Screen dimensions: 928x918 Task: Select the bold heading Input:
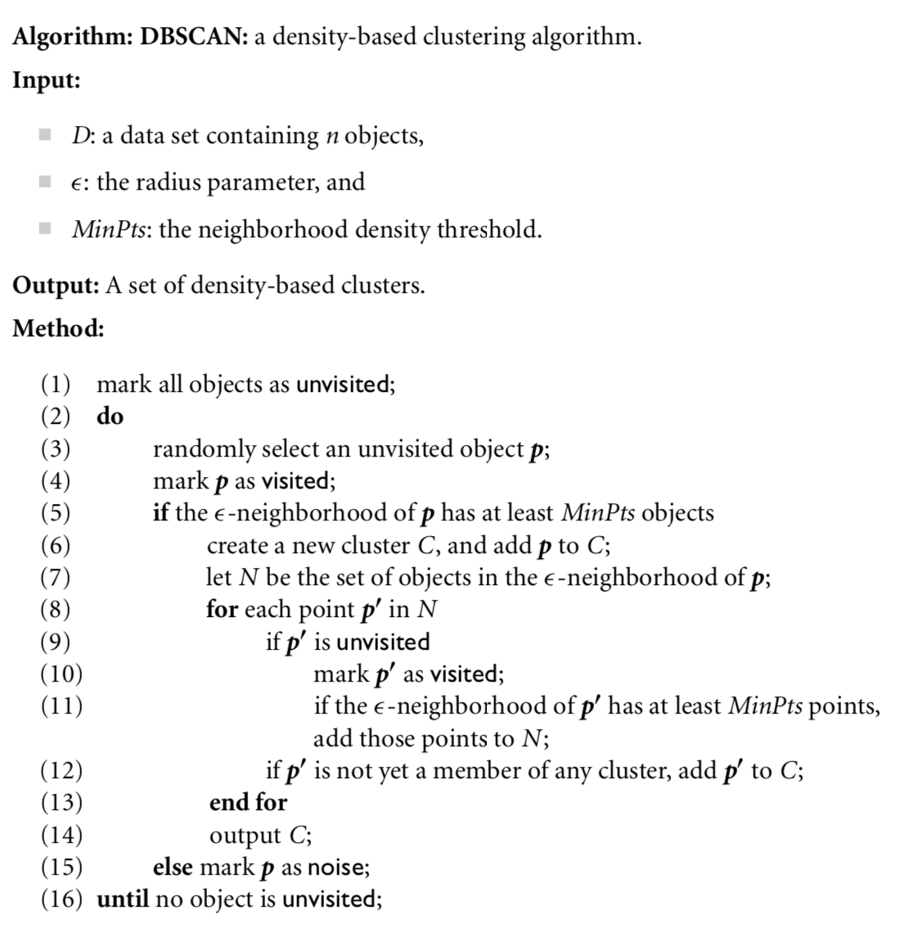pos(47,81)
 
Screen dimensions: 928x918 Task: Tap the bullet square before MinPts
pos(46,227)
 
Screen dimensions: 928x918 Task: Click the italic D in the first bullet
pos(80,135)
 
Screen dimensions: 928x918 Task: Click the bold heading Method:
pos(58,329)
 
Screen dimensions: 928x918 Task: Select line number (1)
pos(56,384)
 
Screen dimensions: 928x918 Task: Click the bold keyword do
pos(110,417)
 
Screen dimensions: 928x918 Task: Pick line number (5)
pos(56,513)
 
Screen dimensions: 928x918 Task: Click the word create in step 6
pos(237,545)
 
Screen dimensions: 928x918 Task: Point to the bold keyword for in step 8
pos(221,610)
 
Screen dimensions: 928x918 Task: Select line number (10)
pos(61,674)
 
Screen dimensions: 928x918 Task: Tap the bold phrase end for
pos(248,803)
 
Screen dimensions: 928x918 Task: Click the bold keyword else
pos(173,867)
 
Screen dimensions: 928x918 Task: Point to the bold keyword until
pos(123,899)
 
